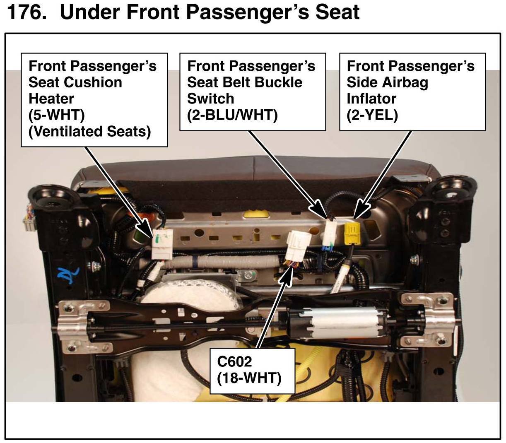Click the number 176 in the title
[x=27, y=12]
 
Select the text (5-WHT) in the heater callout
[x=57, y=115]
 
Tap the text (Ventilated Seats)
[x=89, y=132]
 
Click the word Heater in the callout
[x=51, y=99]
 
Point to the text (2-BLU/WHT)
[x=232, y=115]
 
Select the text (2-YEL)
[x=372, y=115]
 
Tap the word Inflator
[x=371, y=99]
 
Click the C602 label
[x=234, y=361]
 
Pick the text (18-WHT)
[x=249, y=378]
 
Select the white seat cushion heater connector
[x=162, y=244]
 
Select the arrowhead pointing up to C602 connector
[x=287, y=277]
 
